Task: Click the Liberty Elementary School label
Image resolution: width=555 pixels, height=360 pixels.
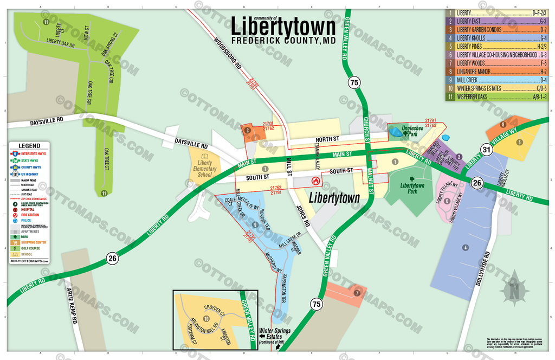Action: [205, 168]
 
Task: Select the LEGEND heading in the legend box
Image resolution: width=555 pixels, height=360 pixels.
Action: [29, 146]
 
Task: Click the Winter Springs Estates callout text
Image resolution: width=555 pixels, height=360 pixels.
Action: [275, 334]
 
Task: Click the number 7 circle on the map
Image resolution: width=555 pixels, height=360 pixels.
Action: [357, 293]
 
